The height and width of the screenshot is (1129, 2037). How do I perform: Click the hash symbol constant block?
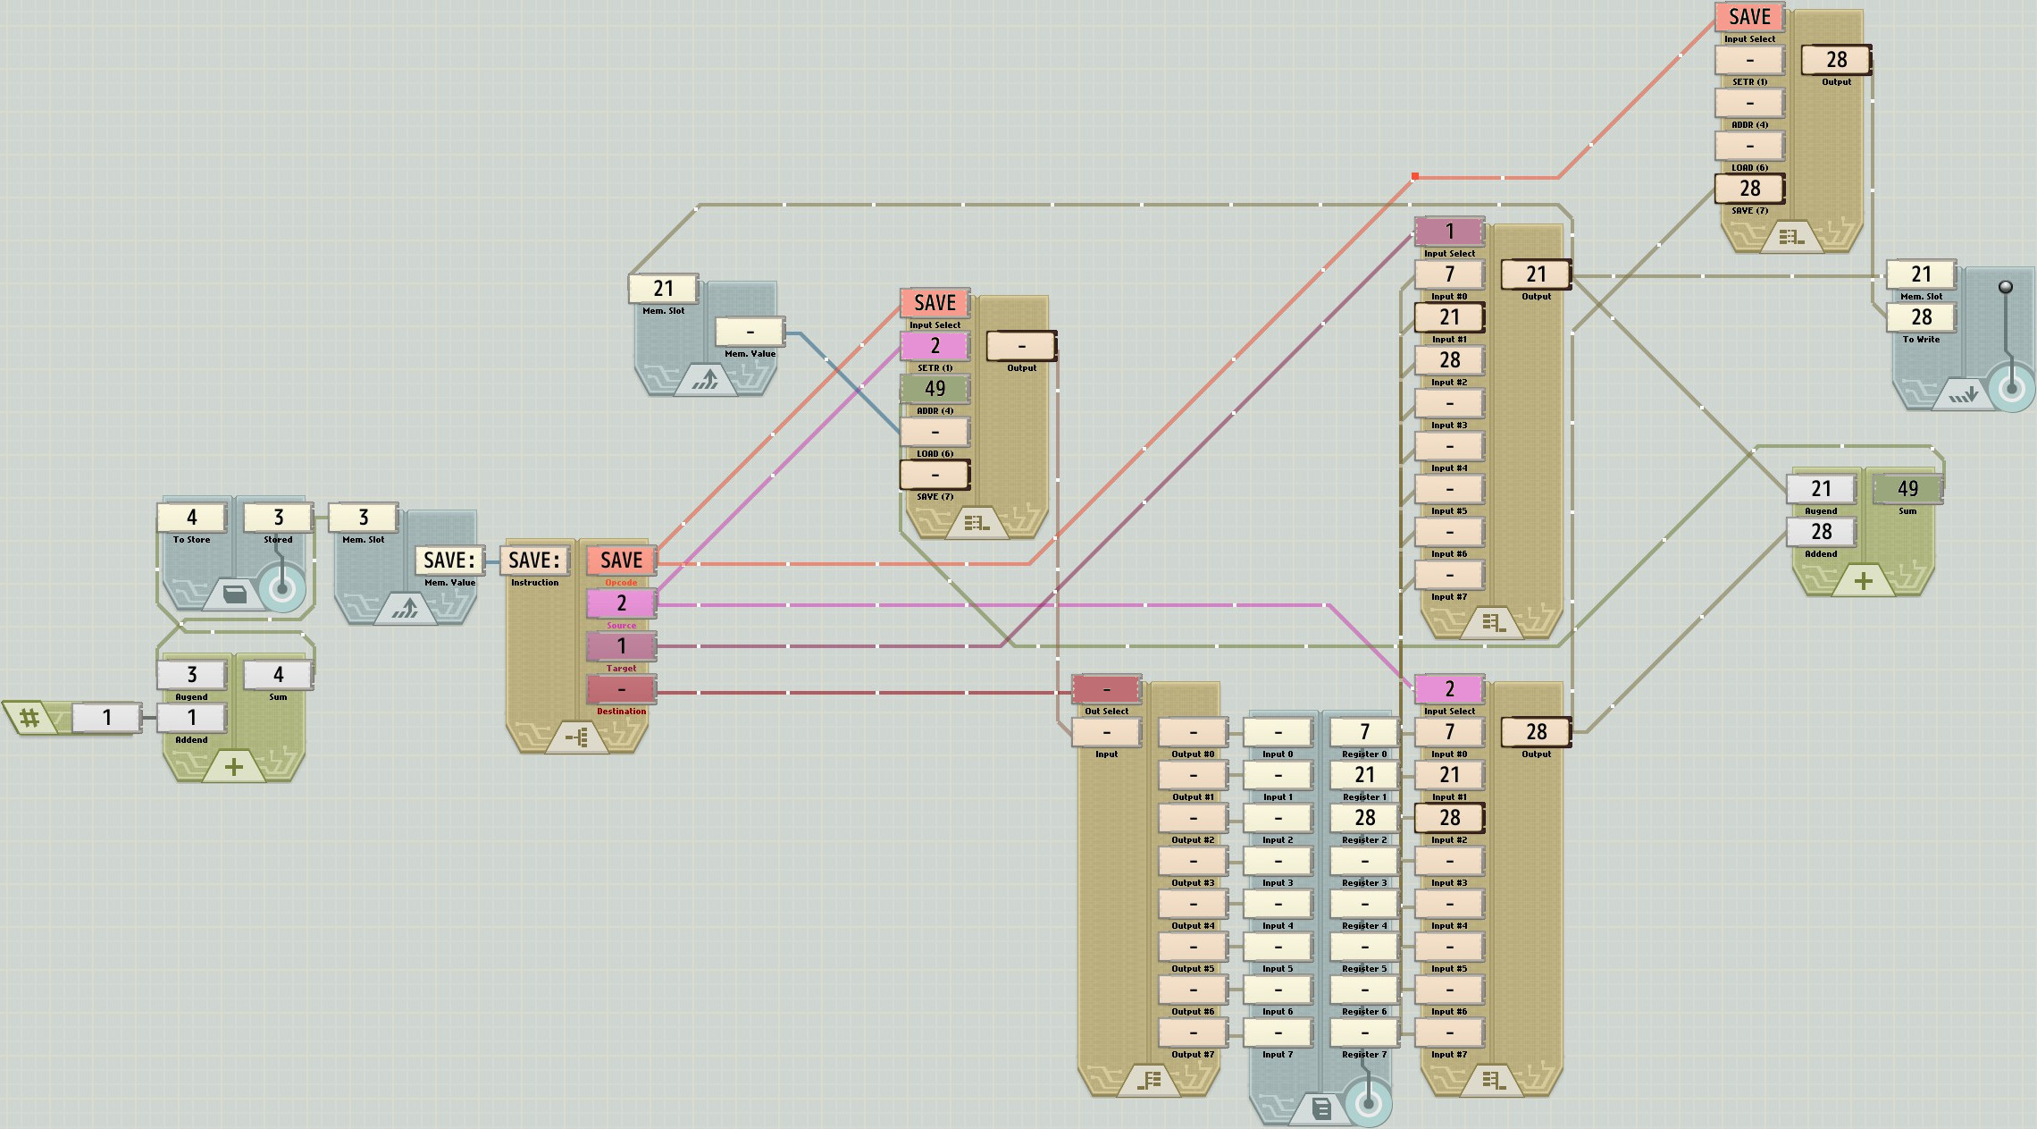[x=29, y=718]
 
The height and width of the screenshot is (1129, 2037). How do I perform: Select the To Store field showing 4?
[x=191, y=518]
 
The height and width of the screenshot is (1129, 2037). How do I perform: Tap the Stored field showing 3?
[x=278, y=518]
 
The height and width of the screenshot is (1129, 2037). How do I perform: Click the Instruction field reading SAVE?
[x=534, y=560]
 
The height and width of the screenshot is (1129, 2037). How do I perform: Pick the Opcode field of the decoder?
[x=621, y=560]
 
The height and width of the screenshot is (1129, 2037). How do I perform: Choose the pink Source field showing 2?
[x=621, y=603]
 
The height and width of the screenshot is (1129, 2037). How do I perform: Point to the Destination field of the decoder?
[x=621, y=689]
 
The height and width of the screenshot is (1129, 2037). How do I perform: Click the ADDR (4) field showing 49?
[x=935, y=389]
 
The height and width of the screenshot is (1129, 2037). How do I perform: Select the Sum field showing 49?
[x=1907, y=489]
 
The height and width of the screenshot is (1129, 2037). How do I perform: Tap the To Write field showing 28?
[x=1921, y=317]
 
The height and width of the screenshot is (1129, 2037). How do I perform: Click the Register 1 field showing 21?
[x=1364, y=775]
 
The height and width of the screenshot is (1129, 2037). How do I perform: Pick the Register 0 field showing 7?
[x=1364, y=732]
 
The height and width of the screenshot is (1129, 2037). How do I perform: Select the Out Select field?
[x=1106, y=689]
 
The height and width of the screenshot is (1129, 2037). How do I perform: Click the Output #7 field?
[x=1193, y=1032]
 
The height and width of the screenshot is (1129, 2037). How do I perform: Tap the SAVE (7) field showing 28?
[x=1749, y=189]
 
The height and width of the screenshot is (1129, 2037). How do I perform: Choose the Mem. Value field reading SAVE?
[x=449, y=560]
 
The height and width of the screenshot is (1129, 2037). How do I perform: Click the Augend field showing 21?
[x=1821, y=489]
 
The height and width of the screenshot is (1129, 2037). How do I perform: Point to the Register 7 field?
[x=1364, y=1032]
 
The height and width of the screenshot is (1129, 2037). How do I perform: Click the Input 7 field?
[x=1278, y=1032]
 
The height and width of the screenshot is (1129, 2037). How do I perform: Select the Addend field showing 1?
[x=191, y=718]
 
